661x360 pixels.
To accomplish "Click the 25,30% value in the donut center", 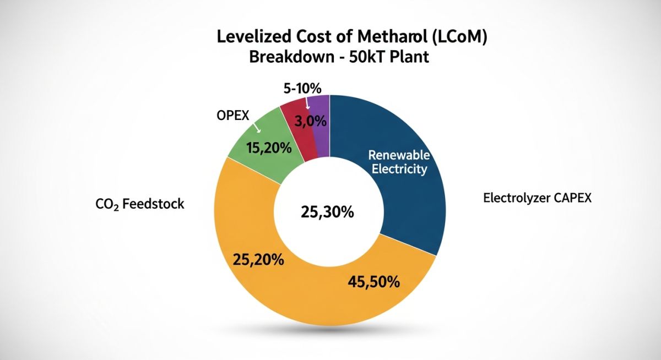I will (x=327, y=211).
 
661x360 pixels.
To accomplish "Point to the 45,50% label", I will (x=373, y=282).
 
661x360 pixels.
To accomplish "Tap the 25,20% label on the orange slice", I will (x=258, y=259).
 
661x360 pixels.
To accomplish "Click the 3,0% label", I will (x=311, y=122).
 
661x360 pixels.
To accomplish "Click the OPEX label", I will (x=233, y=116).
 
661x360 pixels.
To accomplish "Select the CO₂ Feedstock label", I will (x=140, y=204).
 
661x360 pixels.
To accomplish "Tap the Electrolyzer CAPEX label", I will (x=537, y=198).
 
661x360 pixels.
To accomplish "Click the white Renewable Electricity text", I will (x=399, y=161).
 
